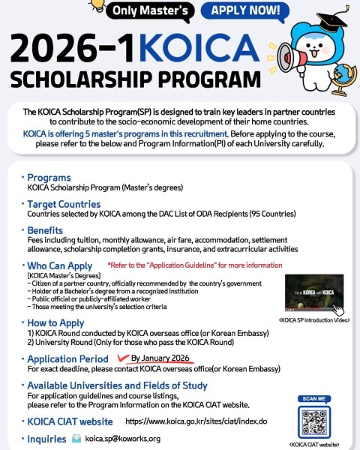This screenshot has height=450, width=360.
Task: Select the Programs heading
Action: tap(49, 178)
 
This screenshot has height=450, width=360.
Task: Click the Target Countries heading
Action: tap(63, 204)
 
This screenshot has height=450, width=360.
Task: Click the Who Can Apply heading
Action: tap(59, 266)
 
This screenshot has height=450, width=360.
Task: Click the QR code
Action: tap(315, 424)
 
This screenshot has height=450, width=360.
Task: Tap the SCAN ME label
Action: tap(315, 397)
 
